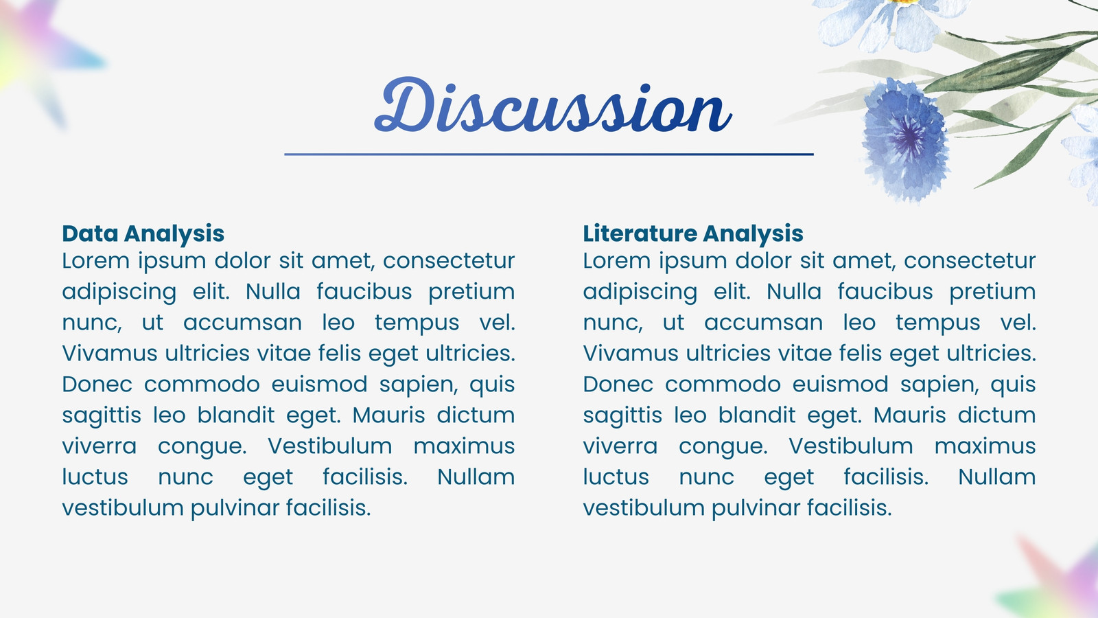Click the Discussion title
(553, 105)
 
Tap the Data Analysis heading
(143, 233)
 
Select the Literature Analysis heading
(693, 233)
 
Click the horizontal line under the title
(549, 154)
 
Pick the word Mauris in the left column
(388, 415)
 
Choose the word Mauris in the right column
(910, 415)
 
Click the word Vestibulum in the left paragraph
(330, 446)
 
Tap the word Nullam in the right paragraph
(997, 477)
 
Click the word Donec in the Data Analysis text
(97, 384)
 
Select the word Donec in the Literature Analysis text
(618, 384)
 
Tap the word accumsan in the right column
(764, 323)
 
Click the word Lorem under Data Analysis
(95, 260)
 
